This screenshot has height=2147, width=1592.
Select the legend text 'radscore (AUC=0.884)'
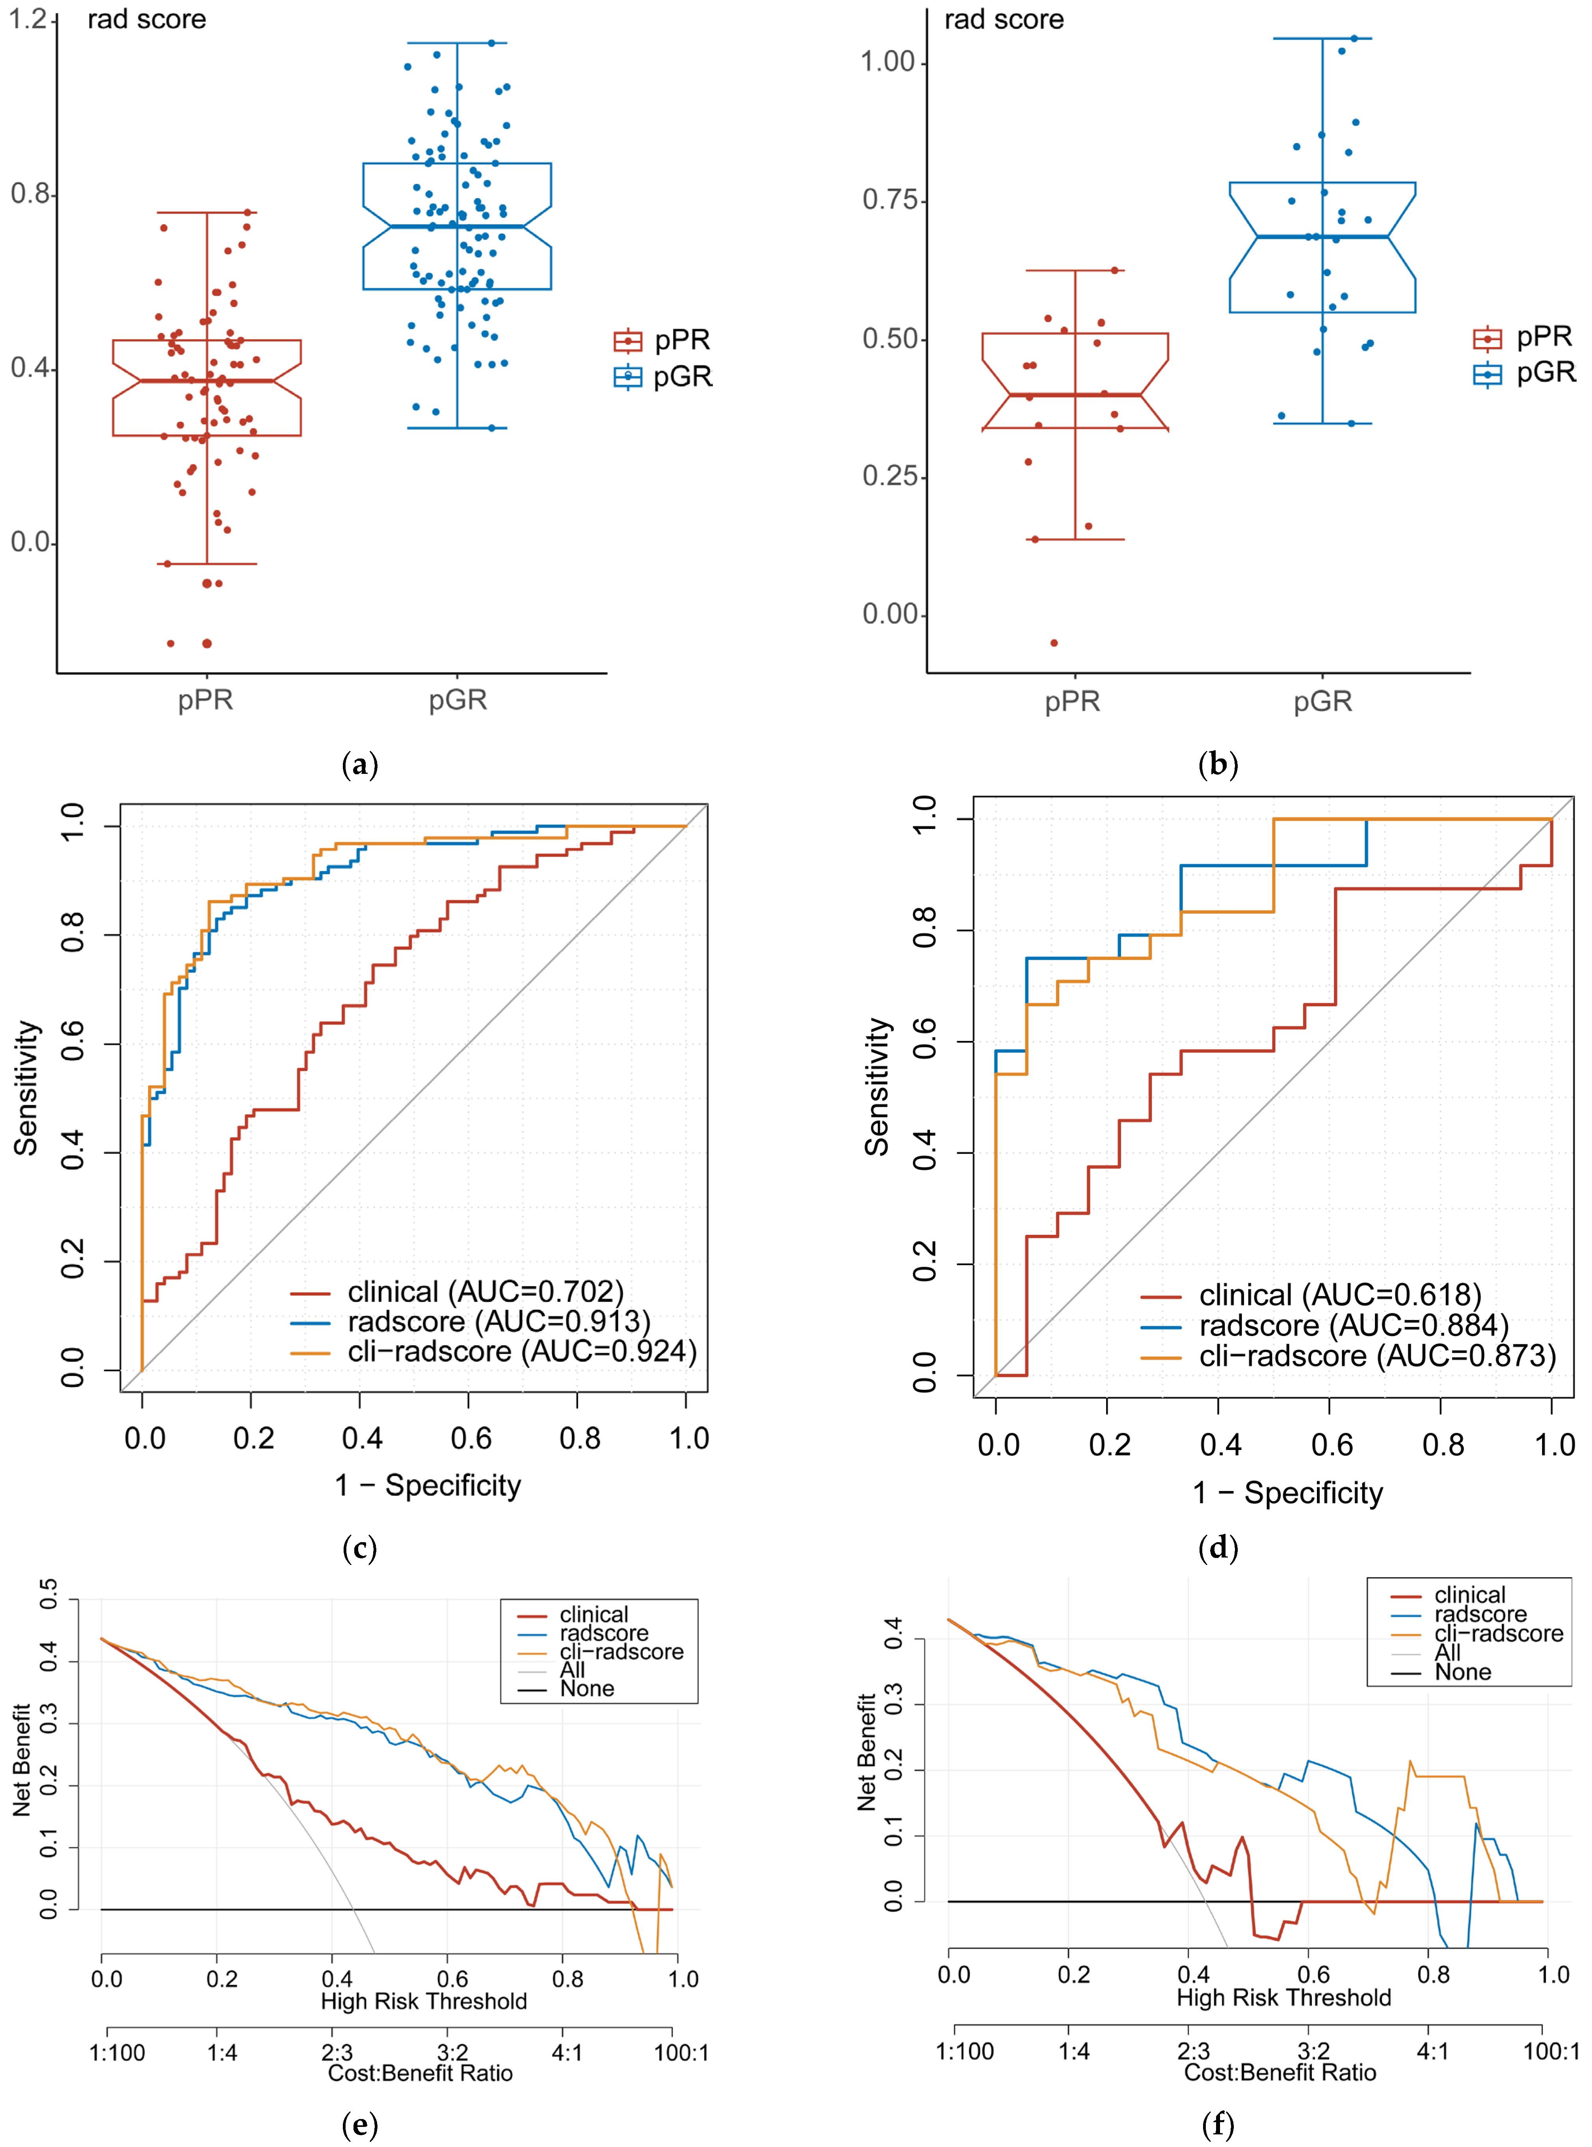click(1354, 1326)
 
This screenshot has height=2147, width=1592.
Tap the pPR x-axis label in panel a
click(205, 700)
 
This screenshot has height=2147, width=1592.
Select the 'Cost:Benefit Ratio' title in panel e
click(420, 2073)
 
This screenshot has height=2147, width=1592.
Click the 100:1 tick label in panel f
click(1551, 2050)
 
